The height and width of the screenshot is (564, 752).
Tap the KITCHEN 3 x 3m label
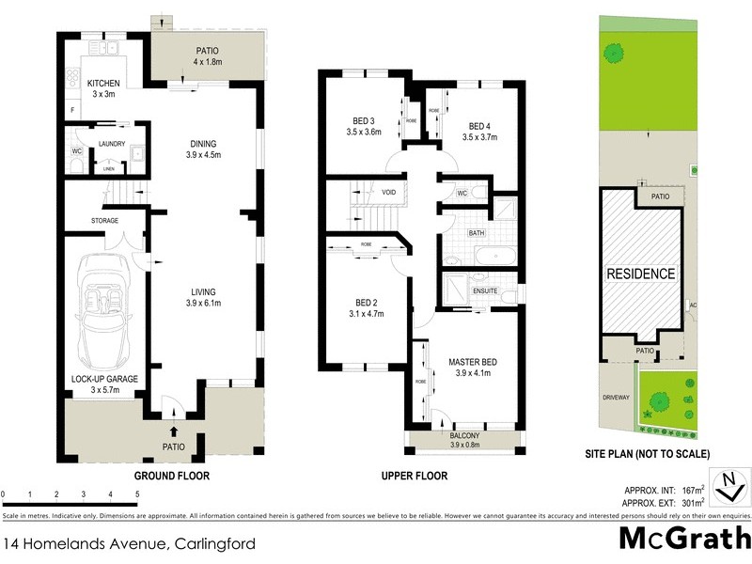tap(105, 88)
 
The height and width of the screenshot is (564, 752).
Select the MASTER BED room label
tap(472, 368)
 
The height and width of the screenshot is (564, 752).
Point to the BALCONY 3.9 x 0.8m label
tap(464, 440)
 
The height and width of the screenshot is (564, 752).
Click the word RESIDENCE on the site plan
tap(640, 274)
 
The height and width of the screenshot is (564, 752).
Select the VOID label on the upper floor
tap(388, 193)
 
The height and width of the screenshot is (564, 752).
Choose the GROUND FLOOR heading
tap(172, 476)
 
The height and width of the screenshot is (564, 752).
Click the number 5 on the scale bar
tap(137, 493)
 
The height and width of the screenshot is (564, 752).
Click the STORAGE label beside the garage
tap(104, 220)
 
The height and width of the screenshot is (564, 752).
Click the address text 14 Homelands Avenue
tap(85, 543)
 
